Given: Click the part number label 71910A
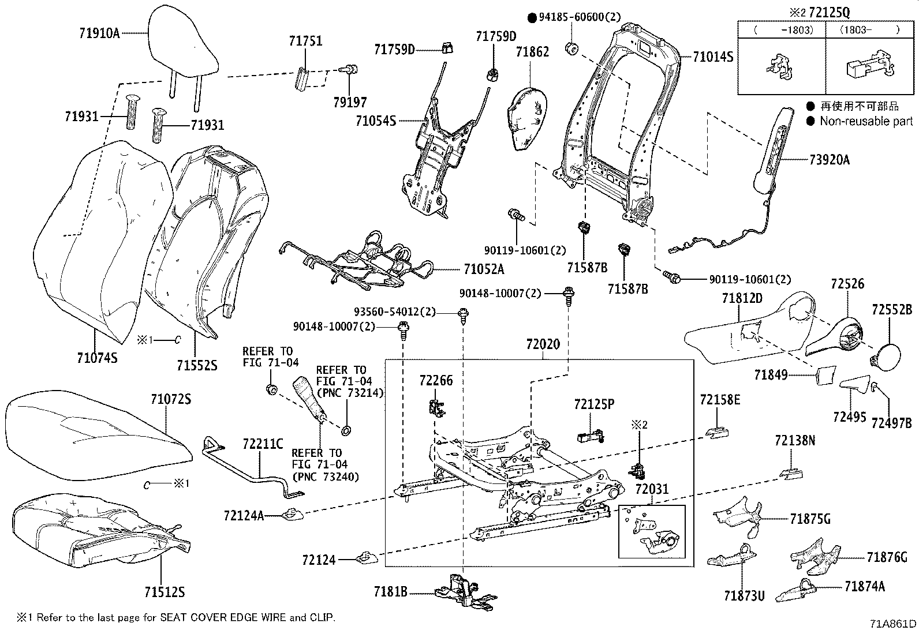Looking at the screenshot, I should point(99,33).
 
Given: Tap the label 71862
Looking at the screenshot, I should point(532,52).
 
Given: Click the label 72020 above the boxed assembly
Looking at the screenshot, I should point(543,344).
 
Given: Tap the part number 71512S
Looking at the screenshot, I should point(164,592).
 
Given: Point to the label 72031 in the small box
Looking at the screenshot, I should point(652,489).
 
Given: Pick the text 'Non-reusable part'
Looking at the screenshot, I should point(866,121).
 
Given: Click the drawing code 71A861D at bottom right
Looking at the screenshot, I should point(892,624).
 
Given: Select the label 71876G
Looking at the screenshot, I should point(887,557).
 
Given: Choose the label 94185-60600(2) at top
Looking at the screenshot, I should point(579,17).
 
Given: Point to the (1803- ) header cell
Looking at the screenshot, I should point(869,30).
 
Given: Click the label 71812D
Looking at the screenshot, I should point(742,298).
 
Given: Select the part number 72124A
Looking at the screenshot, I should point(244,515).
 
